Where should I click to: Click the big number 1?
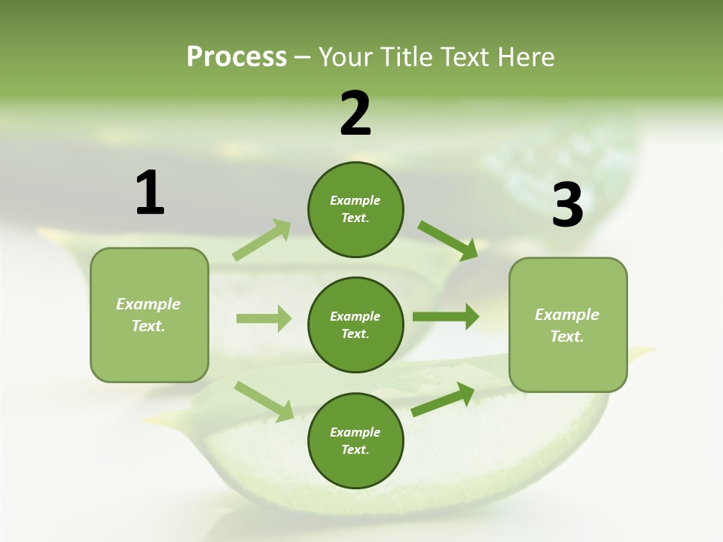150,193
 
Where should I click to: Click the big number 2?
355,114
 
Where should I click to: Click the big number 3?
567,205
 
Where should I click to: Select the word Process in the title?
236,57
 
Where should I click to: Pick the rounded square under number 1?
149,315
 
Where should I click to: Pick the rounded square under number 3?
568,324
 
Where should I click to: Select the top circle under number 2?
355,209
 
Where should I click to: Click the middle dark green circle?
355,324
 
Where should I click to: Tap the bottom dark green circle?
355,440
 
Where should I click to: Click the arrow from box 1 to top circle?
262,240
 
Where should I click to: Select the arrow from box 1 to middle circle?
264,318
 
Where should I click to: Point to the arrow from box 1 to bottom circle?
264,401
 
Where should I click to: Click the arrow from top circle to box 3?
448,241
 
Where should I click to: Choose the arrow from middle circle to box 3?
446,317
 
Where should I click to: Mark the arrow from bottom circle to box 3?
443,400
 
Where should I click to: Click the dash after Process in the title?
303,58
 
